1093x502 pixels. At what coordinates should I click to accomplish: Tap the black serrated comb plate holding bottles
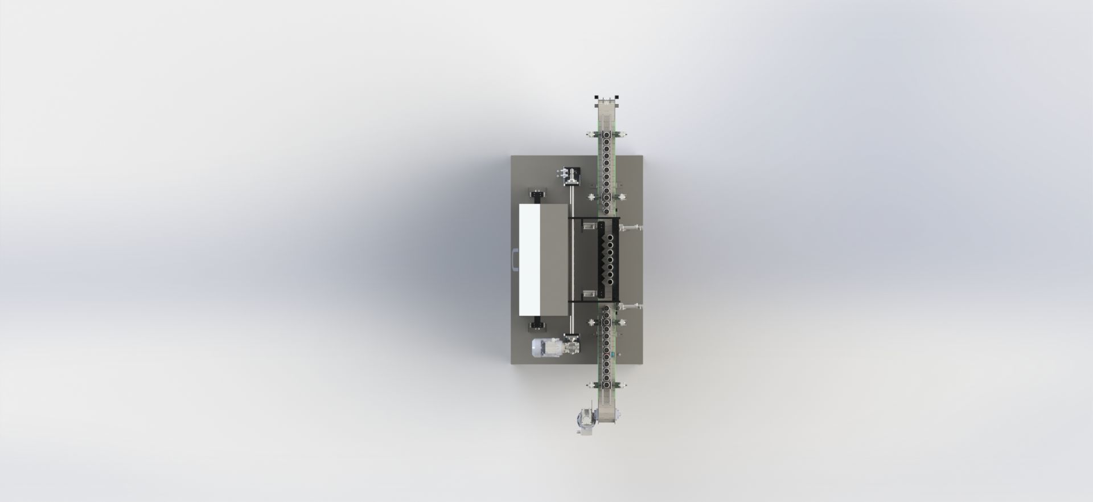pos(601,259)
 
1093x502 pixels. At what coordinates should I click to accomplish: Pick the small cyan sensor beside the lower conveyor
pos(612,354)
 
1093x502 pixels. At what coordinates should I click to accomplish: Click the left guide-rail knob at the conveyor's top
pos(589,134)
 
